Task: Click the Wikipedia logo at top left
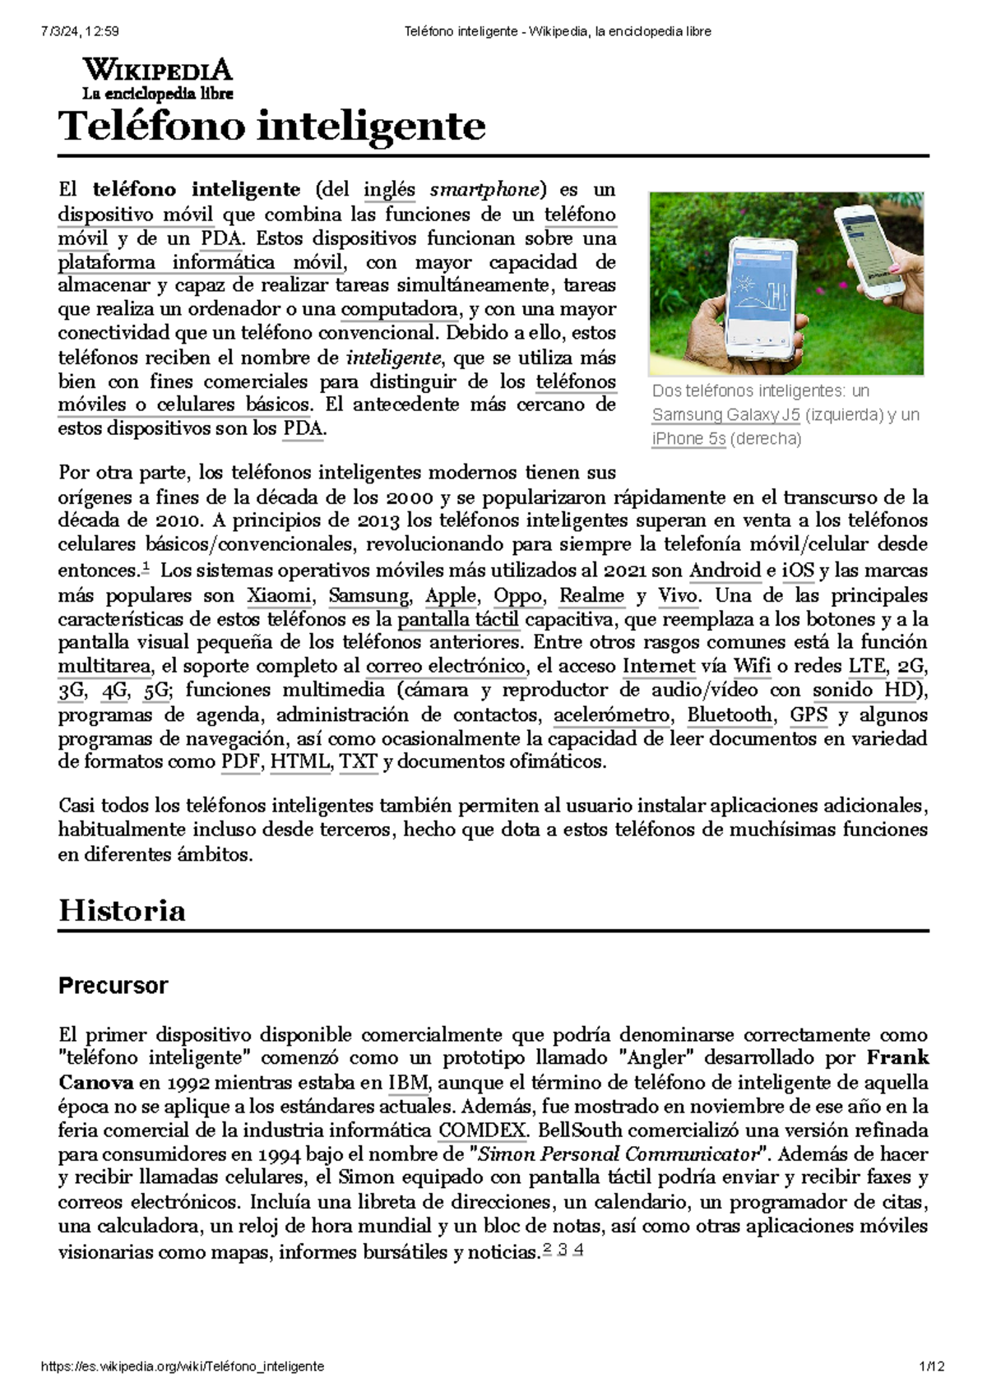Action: click(157, 78)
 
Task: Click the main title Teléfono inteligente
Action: click(272, 126)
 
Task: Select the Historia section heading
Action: click(122, 910)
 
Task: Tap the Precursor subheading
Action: click(113, 986)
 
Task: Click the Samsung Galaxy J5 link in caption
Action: click(725, 414)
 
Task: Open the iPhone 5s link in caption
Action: click(688, 438)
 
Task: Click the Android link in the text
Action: click(724, 571)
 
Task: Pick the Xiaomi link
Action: click(279, 595)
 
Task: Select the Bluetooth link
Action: click(730, 714)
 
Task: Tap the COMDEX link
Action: click(482, 1130)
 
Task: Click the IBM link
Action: click(408, 1082)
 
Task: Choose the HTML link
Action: click(300, 761)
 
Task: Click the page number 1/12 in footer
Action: click(932, 1366)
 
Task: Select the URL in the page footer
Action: click(182, 1366)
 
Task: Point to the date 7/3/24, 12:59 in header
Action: click(78, 31)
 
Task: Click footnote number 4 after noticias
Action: click(579, 1250)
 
